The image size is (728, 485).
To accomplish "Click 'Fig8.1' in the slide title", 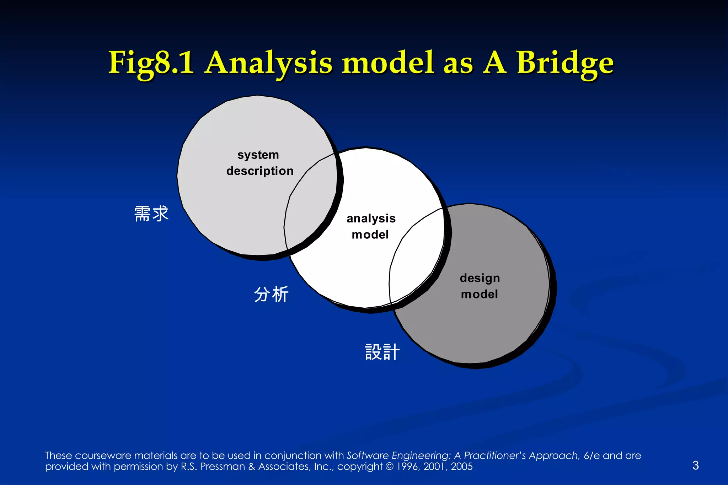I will click(x=151, y=63).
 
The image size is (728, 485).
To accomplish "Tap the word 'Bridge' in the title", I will click(x=565, y=63).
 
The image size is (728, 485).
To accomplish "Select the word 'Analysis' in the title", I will click(x=268, y=63).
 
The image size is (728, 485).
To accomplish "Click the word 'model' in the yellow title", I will click(x=388, y=63).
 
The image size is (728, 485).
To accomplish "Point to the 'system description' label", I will click(x=259, y=163).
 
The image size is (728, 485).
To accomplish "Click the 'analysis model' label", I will click(x=371, y=226).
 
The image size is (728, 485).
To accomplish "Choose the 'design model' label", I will click(x=480, y=286).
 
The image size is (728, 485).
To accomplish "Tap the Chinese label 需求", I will click(x=151, y=214).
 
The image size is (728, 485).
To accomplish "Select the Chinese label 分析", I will click(x=271, y=294).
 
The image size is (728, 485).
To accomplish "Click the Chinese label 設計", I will click(x=382, y=352).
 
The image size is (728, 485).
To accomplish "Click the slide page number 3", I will click(x=695, y=465).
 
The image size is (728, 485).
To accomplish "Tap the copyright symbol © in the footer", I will click(x=390, y=467).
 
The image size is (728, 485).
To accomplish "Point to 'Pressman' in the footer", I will click(x=222, y=467).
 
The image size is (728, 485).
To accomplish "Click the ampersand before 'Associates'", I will click(x=252, y=467).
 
